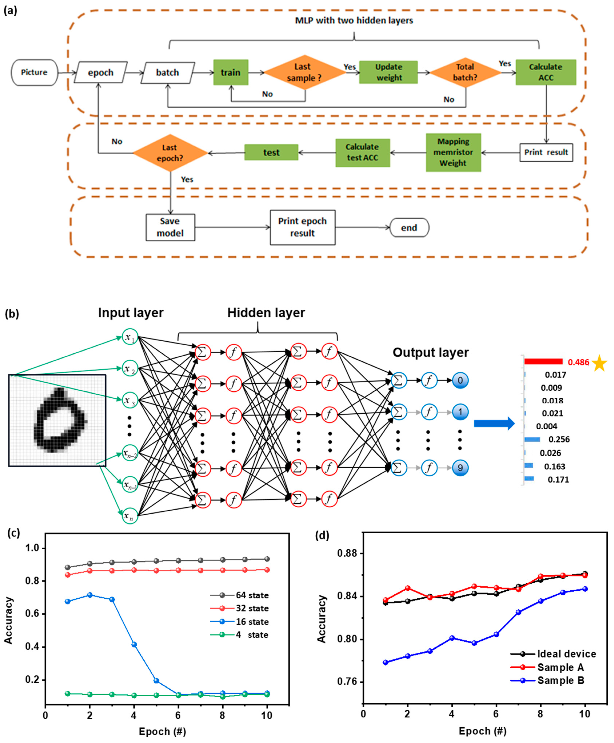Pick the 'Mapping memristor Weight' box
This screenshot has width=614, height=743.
tap(453, 152)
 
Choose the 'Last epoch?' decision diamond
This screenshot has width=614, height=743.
tap(170, 153)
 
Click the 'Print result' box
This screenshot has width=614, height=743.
tap(546, 152)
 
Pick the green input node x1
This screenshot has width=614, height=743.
tap(130, 337)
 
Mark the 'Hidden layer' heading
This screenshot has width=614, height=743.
tap(266, 313)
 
